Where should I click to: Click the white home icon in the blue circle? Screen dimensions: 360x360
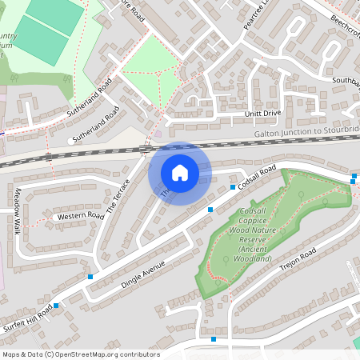[179, 173]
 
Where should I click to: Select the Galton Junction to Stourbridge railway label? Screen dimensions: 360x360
[306, 130]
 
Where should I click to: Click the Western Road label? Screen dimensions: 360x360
[80, 216]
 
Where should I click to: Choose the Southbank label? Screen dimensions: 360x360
[346, 81]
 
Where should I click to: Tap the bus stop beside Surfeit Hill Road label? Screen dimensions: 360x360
[56, 306]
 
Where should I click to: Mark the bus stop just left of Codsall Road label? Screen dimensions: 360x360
[232, 187]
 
